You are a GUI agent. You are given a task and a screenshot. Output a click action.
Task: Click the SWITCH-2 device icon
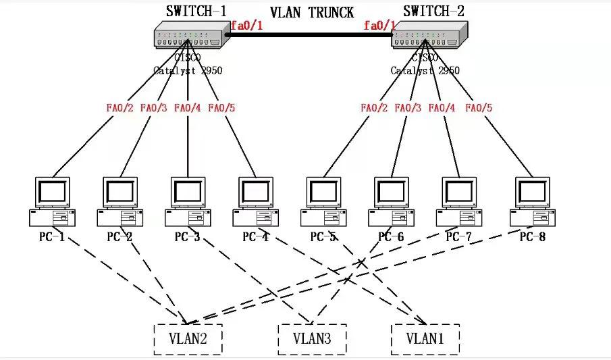(429, 35)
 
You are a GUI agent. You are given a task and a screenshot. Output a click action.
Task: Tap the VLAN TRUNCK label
(312, 12)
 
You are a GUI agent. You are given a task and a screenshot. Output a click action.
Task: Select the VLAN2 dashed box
(188, 339)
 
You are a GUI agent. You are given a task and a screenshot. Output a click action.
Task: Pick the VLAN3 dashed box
(312, 339)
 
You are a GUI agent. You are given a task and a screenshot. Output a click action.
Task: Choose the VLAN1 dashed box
(425, 339)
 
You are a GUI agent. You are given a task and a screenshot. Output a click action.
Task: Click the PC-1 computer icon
(52, 201)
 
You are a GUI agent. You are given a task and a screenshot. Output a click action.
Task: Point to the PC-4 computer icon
(256, 201)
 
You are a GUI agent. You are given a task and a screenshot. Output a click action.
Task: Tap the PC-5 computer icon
(324, 201)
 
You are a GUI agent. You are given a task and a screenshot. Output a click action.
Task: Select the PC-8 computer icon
(533, 201)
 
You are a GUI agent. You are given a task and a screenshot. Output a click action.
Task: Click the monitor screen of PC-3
(188, 192)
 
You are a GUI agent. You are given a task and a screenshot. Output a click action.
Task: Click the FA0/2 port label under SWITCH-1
(120, 107)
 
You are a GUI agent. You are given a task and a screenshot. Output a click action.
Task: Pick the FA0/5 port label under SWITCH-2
(479, 107)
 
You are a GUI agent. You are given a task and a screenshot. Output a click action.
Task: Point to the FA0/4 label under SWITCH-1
(188, 107)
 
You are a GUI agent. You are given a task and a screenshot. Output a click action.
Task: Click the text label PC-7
(460, 237)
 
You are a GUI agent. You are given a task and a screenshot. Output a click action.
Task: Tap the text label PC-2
(119, 237)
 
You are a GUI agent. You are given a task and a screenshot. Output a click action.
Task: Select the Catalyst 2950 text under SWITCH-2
(425, 70)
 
